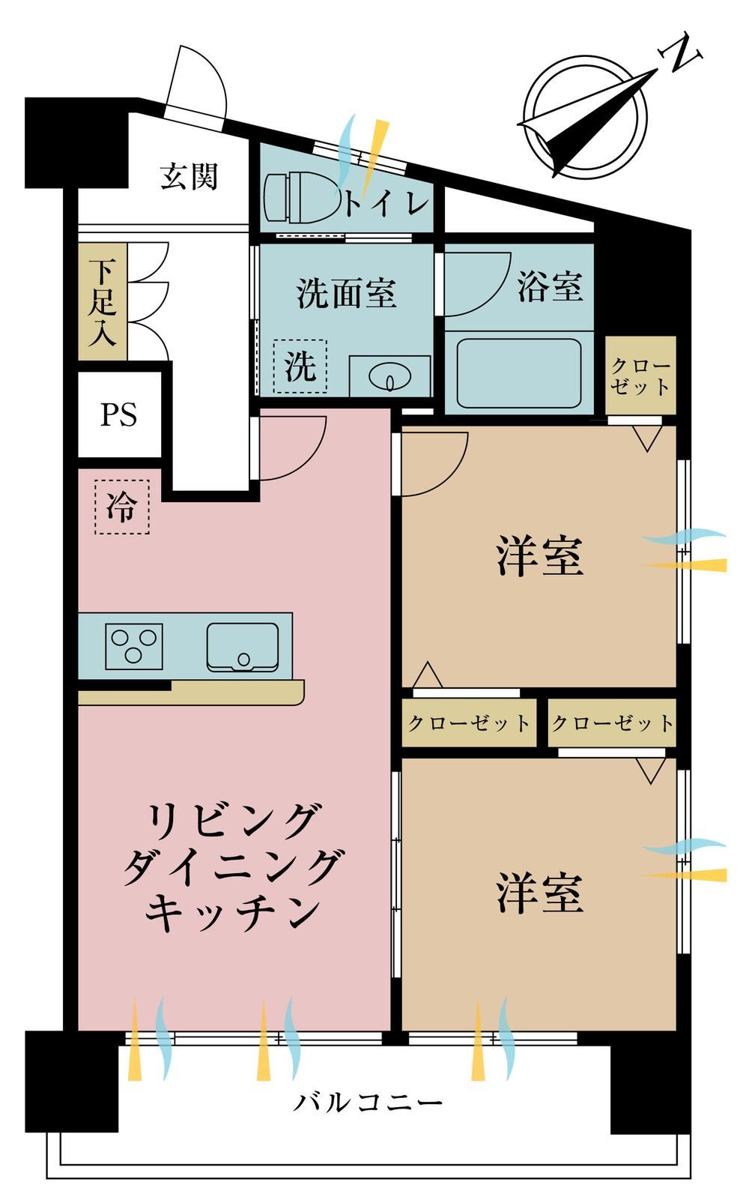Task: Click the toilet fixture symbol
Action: [x=303, y=198]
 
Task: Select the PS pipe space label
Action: [x=119, y=414]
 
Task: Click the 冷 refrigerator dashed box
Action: [x=122, y=506]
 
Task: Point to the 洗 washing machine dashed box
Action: [x=300, y=367]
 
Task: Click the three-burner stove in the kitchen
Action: [x=134, y=647]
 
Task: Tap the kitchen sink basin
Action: [x=243, y=647]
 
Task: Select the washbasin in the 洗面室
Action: [x=389, y=376]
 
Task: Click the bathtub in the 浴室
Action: [x=519, y=373]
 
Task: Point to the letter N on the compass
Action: [x=680, y=53]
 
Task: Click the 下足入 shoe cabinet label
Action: [x=103, y=302]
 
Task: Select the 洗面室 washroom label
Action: [x=346, y=293]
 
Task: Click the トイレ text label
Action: [x=386, y=204]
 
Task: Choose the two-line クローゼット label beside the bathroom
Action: [x=640, y=376]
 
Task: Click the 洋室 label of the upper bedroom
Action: [x=540, y=555]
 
